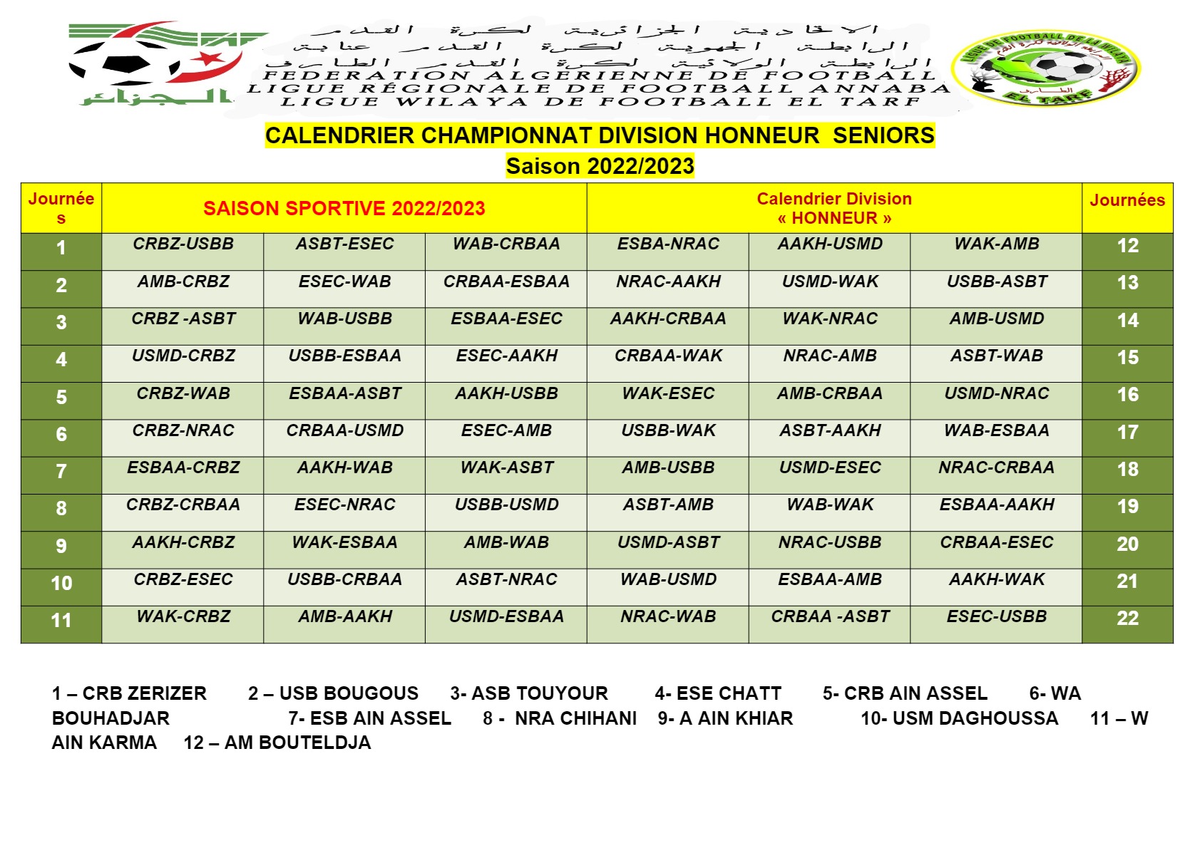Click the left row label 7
(61, 471)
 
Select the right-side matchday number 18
(1127, 470)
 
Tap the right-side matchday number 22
(1127, 619)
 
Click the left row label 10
(61, 583)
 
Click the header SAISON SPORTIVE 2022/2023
(344, 208)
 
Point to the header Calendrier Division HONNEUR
(834, 208)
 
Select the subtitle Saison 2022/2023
(600, 166)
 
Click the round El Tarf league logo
(1046, 68)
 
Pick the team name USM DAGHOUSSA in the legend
(959, 718)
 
